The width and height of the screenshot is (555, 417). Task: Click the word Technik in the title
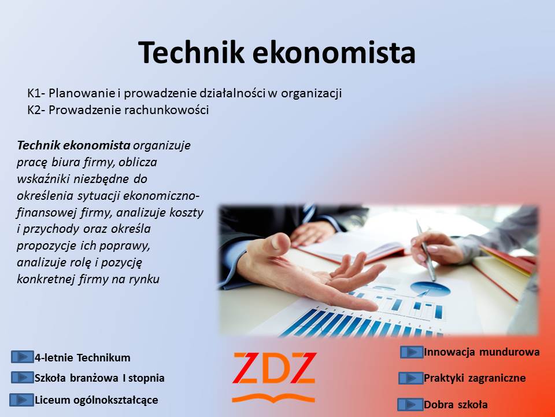click(x=191, y=52)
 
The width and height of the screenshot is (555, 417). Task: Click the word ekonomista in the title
click(x=334, y=52)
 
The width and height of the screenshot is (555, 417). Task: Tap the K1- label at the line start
click(x=36, y=93)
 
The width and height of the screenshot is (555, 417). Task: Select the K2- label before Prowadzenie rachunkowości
click(x=36, y=110)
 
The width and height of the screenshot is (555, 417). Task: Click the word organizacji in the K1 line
click(x=311, y=94)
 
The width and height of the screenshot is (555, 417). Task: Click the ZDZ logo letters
click(x=274, y=368)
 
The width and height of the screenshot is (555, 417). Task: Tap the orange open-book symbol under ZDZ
click(x=273, y=398)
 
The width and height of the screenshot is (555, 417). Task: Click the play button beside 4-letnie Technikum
click(x=23, y=357)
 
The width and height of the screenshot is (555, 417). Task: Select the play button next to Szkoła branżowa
click(x=23, y=377)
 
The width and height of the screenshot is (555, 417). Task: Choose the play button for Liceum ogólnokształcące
click(x=21, y=400)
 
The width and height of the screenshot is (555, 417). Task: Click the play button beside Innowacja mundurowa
click(x=412, y=352)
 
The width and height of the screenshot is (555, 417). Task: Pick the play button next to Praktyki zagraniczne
click(x=410, y=378)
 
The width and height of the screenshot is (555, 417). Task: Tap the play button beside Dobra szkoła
click(x=410, y=404)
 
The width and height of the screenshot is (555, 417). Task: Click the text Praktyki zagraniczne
click(x=475, y=378)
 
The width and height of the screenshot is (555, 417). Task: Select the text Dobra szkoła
click(x=456, y=404)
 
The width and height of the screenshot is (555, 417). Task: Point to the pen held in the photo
click(x=426, y=250)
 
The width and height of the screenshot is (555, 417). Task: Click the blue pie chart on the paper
click(x=430, y=288)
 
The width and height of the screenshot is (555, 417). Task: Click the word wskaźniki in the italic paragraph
click(x=44, y=179)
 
